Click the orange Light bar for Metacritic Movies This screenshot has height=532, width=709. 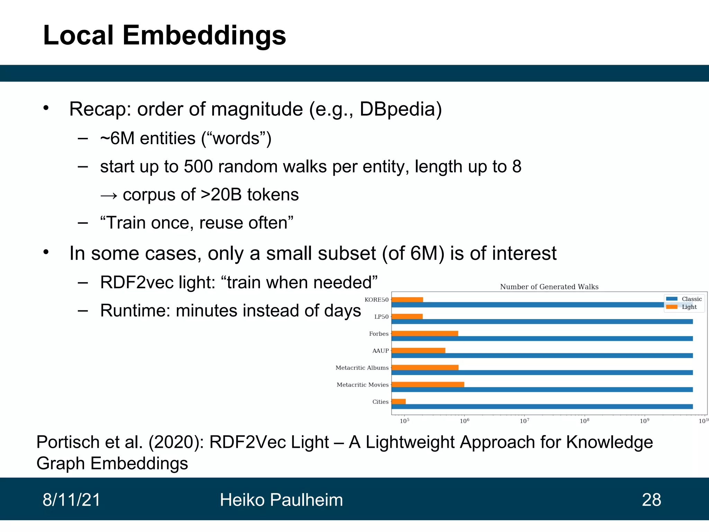click(428, 384)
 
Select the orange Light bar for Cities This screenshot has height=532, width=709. click(398, 401)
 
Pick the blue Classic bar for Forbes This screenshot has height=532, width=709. click(542, 338)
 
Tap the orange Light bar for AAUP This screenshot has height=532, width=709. click(418, 351)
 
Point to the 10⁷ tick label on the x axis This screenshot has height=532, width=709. click(524, 421)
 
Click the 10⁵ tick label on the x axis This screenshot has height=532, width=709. click(404, 421)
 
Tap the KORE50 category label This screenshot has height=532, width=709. click(376, 300)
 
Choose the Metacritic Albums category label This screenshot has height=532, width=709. click(362, 368)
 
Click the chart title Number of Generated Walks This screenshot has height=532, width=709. click(549, 287)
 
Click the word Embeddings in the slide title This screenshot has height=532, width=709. click(204, 35)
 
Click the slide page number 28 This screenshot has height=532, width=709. click(651, 500)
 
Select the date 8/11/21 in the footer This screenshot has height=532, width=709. click(71, 500)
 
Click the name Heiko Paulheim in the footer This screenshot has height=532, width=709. click(281, 500)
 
